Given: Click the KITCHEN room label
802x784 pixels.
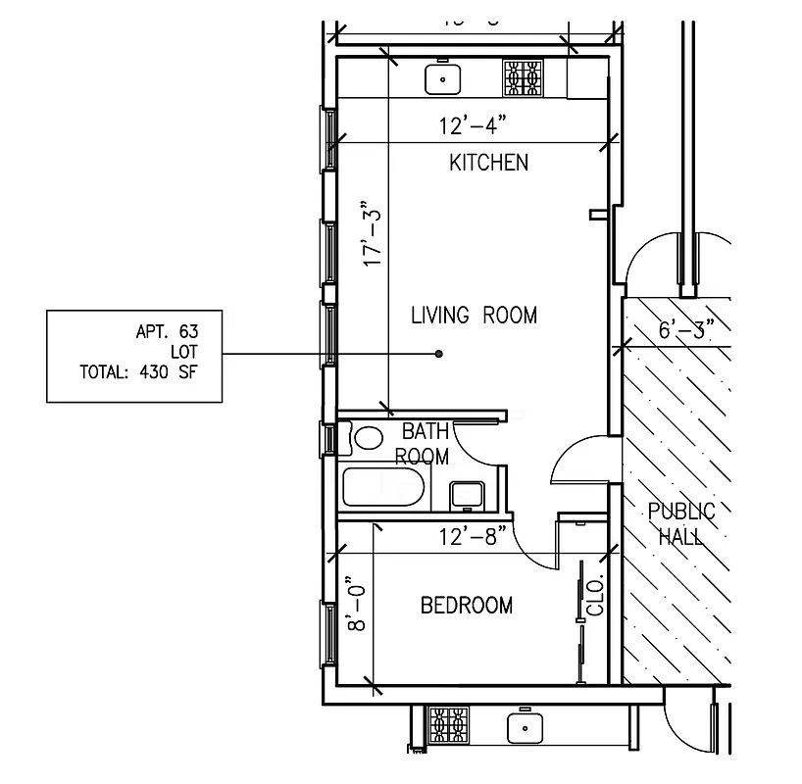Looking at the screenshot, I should (x=488, y=163).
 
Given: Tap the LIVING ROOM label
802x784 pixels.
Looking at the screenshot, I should (x=474, y=316).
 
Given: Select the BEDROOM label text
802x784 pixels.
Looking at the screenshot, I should (x=466, y=606).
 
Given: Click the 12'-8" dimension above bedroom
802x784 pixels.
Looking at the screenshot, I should (x=473, y=536).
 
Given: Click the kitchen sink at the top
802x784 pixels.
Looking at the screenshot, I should (x=444, y=78).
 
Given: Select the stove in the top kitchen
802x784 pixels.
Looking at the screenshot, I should (x=523, y=78).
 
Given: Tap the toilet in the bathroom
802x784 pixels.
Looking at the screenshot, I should (x=368, y=436).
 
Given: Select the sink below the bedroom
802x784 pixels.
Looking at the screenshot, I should (x=526, y=728).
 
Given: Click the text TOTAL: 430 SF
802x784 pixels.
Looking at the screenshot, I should (x=138, y=371).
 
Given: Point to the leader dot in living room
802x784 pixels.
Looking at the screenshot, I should (x=439, y=353).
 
